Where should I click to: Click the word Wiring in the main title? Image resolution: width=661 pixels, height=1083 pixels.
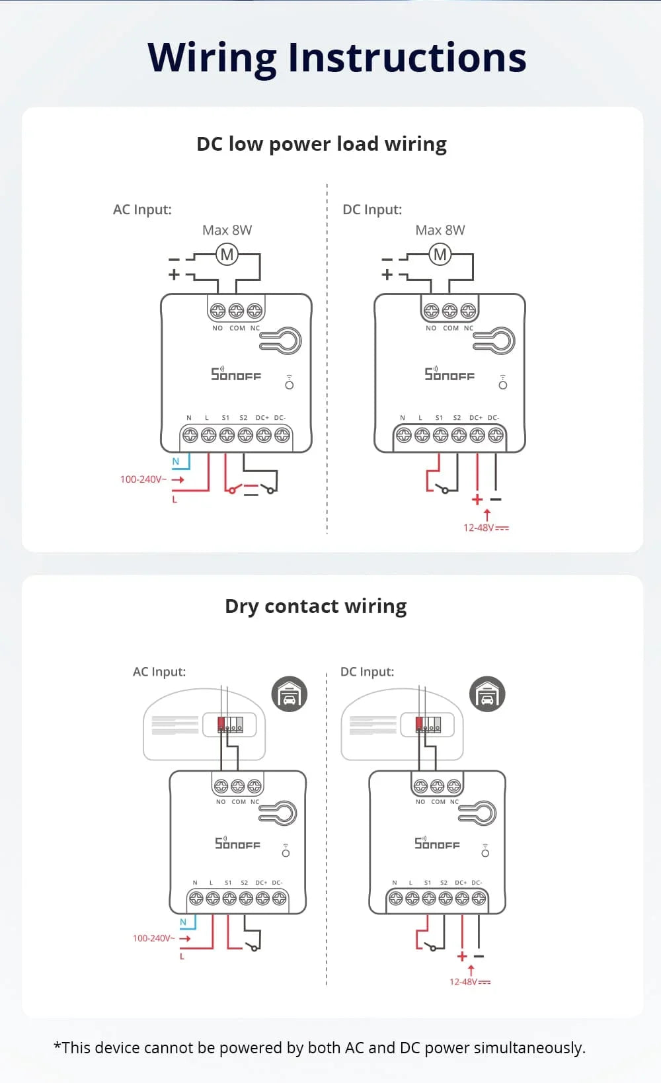pyautogui.click(x=212, y=58)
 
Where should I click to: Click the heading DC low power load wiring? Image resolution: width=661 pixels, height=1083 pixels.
pyautogui.click(x=321, y=144)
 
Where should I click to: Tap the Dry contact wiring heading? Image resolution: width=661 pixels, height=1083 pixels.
pyautogui.click(x=315, y=606)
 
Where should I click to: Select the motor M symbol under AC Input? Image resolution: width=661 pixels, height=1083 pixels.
pyautogui.click(x=227, y=255)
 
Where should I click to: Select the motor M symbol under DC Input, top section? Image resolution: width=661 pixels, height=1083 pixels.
pyautogui.click(x=440, y=255)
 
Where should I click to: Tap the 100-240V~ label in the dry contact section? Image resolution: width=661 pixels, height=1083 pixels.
pyautogui.click(x=154, y=938)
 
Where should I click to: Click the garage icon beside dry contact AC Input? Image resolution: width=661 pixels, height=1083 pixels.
pyautogui.click(x=290, y=694)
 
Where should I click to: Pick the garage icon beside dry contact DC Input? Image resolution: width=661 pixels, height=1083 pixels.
pyautogui.click(x=487, y=694)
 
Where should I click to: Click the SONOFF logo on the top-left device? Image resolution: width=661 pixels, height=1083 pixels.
pyautogui.click(x=236, y=374)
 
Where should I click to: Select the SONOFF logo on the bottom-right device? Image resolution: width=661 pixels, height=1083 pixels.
pyautogui.click(x=437, y=843)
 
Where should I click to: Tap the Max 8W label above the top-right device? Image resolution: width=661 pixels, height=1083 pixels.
pyautogui.click(x=440, y=230)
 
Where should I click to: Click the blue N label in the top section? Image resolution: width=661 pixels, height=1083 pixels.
pyautogui.click(x=176, y=461)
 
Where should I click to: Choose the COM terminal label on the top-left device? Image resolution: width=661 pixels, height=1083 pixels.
pyautogui.click(x=237, y=328)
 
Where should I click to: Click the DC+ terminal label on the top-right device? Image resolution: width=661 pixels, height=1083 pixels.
pyautogui.click(x=476, y=418)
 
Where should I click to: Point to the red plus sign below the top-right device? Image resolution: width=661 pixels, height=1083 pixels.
pyautogui.click(x=477, y=500)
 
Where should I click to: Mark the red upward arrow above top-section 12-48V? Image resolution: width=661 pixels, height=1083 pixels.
pyautogui.click(x=487, y=514)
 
